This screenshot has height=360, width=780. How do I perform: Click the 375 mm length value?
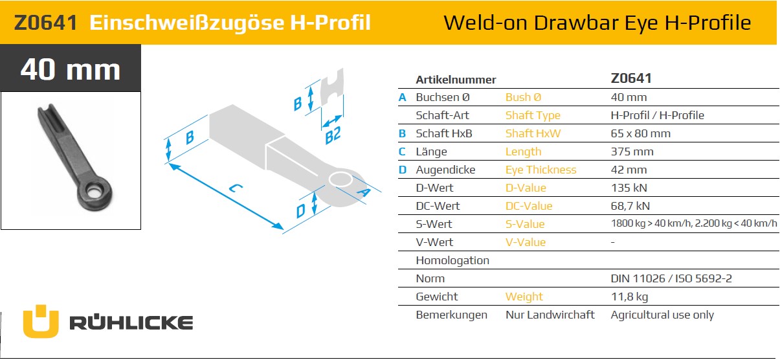[x=632, y=152]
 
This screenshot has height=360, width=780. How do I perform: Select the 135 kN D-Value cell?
[x=629, y=188]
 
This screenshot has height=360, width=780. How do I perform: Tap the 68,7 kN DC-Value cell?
[x=630, y=206]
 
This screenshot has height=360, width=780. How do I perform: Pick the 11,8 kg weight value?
[x=630, y=297]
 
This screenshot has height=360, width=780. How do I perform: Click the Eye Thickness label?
[x=540, y=170]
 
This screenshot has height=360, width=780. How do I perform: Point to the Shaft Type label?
[x=533, y=116]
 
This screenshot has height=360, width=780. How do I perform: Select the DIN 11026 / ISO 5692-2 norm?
[x=671, y=278]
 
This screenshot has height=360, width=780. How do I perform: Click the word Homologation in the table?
[x=452, y=260]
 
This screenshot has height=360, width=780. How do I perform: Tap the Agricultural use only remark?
[x=662, y=315]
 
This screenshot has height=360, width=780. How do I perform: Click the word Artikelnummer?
[x=456, y=80]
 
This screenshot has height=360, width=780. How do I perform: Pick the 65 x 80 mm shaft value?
[x=641, y=133]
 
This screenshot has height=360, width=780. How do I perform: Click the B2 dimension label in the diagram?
[x=333, y=135]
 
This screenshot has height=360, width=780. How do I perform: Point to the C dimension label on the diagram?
[x=236, y=188]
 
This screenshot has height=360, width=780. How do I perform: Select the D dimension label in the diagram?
[x=300, y=211]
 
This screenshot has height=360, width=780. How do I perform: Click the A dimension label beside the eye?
[x=364, y=192]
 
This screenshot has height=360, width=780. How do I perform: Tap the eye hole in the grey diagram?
[x=340, y=179]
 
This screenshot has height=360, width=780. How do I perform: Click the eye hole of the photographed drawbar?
[x=93, y=191]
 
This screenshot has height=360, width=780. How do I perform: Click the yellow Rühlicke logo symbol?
[x=41, y=321]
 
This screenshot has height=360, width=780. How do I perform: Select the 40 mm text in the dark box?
[x=71, y=69]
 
